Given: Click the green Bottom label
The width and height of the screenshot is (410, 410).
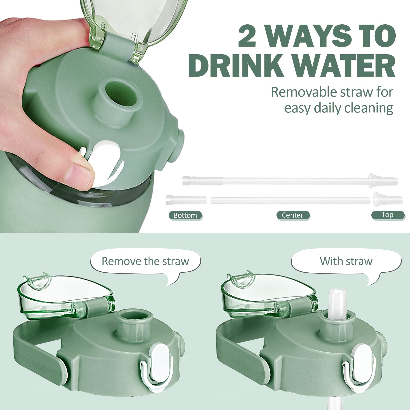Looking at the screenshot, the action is click(x=185, y=215).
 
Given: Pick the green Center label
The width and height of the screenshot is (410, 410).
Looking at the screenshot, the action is click(x=293, y=215).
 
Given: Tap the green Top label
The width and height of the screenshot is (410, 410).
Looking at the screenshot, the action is click(x=387, y=215).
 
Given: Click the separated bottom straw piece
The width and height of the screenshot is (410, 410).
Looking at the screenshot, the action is click(x=186, y=200).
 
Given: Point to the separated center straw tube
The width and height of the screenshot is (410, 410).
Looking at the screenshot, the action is click(x=290, y=200).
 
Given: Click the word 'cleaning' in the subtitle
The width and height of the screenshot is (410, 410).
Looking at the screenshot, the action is click(x=368, y=109).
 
